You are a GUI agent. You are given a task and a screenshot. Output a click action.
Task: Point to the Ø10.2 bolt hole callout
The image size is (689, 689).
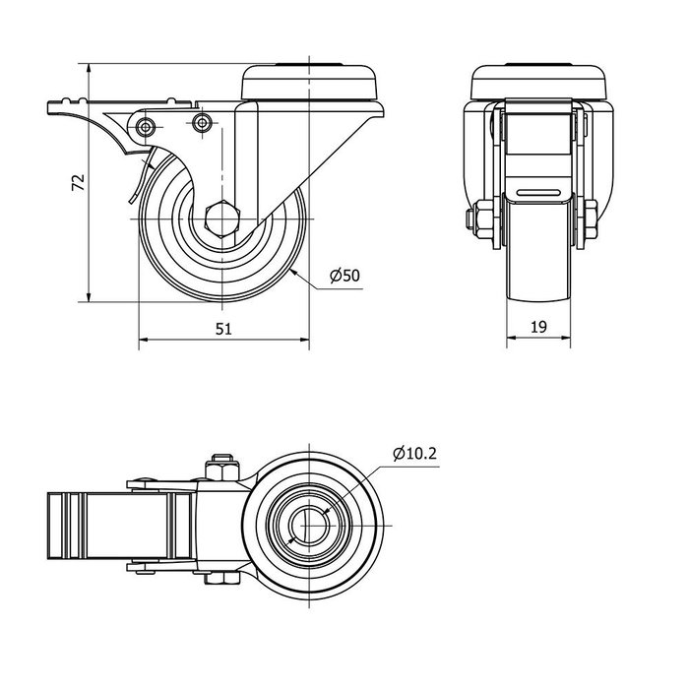413,454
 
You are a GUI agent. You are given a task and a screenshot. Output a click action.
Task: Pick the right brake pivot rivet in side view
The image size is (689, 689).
203,123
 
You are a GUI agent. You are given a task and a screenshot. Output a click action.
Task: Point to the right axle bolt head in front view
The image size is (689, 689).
593,219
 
